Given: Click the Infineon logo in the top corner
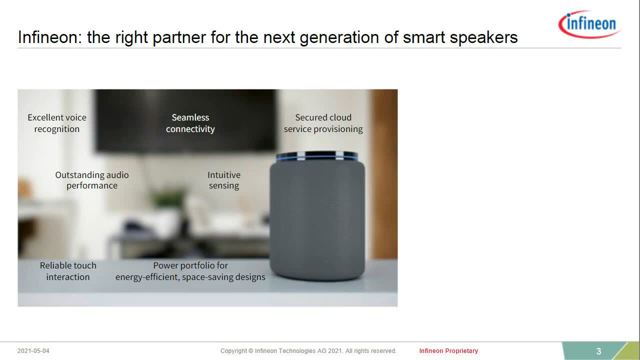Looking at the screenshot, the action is [x=589, y=24].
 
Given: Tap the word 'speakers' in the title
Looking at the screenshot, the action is [x=483, y=37].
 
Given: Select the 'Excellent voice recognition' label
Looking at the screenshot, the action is [x=57, y=123].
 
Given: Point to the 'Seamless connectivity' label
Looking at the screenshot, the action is [x=190, y=123].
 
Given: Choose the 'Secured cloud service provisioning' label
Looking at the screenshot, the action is [x=323, y=123].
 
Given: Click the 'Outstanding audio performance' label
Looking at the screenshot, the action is [x=92, y=180].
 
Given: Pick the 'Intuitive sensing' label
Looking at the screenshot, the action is [x=224, y=180].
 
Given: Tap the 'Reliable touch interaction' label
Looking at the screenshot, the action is [x=68, y=271].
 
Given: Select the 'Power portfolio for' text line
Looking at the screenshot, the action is [x=190, y=265].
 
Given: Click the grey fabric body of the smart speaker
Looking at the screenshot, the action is [x=317, y=220].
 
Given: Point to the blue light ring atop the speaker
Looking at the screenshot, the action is [x=317, y=157].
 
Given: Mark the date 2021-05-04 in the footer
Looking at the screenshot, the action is [x=33, y=351].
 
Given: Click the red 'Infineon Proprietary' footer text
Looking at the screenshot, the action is [x=448, y=351].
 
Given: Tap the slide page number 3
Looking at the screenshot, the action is [x=598, y=351].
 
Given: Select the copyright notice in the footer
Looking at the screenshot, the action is [x=308, y=351].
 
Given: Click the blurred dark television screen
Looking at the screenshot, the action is [x=185, y=120].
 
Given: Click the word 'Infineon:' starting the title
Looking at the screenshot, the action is [x=50, y=37].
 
